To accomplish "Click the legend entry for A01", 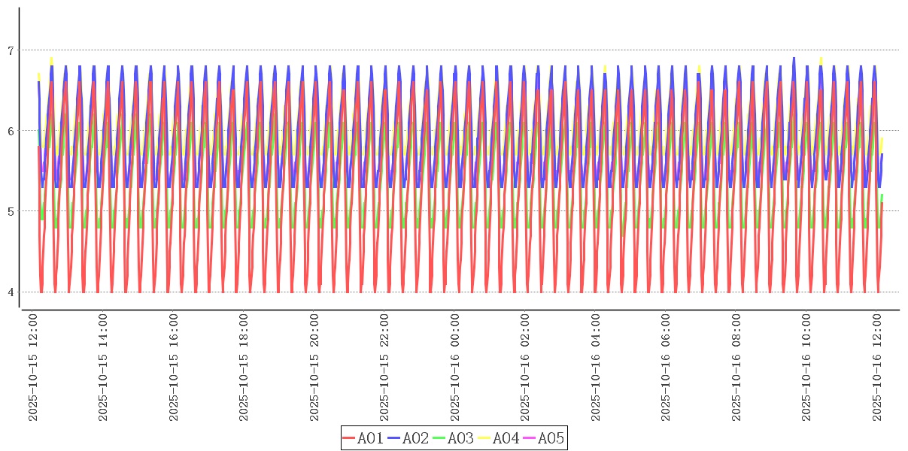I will (x=363, y=438).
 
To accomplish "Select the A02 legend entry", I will (x=408, y=438).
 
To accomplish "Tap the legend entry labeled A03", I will (x=454, y=438).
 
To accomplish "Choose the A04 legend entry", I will (x=499, y=438).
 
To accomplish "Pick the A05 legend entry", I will (x=544, y=438).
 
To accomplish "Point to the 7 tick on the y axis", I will (x=11, y=50).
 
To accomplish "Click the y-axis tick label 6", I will (x=11, y=131).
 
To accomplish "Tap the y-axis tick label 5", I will (x=11, y=211).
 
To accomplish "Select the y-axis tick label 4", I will (x=11, y=292).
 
